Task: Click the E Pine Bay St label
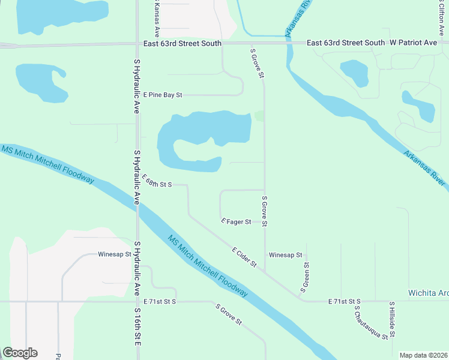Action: tap(162, 95)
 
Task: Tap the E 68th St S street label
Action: tap(157, 181)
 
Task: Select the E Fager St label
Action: tap(236, 222)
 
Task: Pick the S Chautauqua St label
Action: tap(370, 323)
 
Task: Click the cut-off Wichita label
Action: tap(428, 293)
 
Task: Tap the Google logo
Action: tap(20, 353)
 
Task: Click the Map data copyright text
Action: tap(423, 355)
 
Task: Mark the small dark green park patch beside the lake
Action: tap(259, 116)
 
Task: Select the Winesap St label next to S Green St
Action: tap(285, 255)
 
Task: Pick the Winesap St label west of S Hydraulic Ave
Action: tap(115, 254)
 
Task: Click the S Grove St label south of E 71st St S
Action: tap(229, 314)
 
